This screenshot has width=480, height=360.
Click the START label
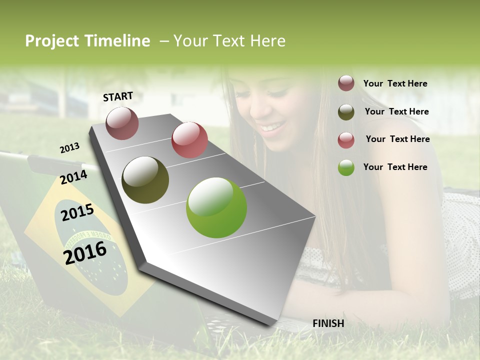pyautogui.click(x=118, y=96)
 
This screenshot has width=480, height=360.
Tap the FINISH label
pyautogui.click(x=328, y=323)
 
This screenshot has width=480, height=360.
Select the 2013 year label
pyautogui.click(x=69, y=147)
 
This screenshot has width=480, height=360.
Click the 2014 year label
pyautogui.click(x=73, y=177)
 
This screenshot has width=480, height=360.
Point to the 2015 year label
pyautogui.click(x=77, y=212)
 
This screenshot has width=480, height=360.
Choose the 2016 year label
pyautogui.click(x=85, y=252)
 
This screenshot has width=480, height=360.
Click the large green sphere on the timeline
pyautogui.click(x=216, y=207)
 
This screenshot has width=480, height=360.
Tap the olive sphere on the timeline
pyautogui.click(x=145, y=179)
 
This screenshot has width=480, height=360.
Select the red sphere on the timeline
pyautogui.click(x=189, y=140)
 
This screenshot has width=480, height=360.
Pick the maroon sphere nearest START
pyautogui.click(x=122, y=123)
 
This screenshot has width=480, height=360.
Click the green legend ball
pyautogui.click(x=346, y=167)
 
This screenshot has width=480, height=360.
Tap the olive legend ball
pyautogui.click(x=346, y=112)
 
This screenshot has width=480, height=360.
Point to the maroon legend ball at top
pyautogui.click(x=346, y=83)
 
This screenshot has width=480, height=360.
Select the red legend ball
pyautogui.click(x=346, y=140)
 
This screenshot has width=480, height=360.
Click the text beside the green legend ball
pyautogui.click(x=395, y=167)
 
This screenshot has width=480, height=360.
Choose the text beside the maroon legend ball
pyautogui.click(x=395, y=83)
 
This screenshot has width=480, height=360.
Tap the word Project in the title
pyautogui.click(x=52, y=41)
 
